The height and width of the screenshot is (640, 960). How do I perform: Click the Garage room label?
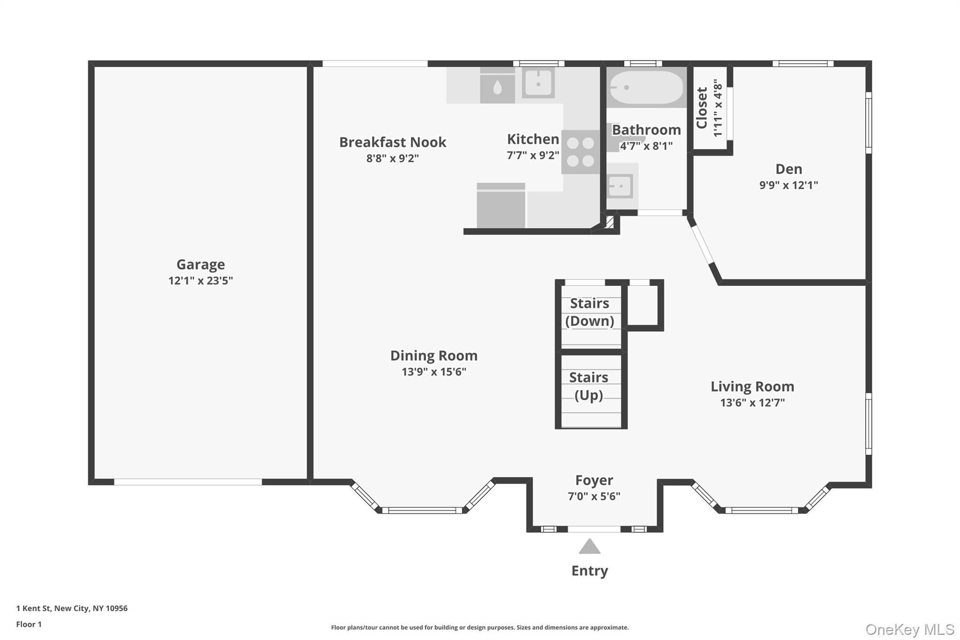click(201, 264)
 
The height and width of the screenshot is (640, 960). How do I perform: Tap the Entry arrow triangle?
click(589, 547)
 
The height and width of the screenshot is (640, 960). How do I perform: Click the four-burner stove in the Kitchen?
click(580, 152)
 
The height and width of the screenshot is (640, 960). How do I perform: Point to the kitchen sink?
click(539, 83)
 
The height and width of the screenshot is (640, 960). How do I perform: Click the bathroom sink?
click(620, 187)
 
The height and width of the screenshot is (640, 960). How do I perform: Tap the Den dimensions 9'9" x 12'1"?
click(788, 185)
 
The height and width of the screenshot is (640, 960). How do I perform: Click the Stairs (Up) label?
click(589, 386)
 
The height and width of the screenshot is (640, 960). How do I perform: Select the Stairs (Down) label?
click(589, 312)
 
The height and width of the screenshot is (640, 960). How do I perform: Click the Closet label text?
click(702, 108)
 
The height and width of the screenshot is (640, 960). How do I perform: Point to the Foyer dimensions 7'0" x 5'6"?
click(594, 497)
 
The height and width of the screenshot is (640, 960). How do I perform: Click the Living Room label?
click(752, 386)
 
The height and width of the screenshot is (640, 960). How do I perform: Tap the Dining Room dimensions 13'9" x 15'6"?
click(434, 372)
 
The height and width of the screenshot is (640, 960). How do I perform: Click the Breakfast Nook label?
click(392, 142)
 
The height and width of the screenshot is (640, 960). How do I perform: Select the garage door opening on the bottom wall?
click(187, 482)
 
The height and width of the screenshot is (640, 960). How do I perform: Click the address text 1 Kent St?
click(72, 608)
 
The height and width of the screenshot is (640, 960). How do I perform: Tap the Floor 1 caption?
click(29, 624)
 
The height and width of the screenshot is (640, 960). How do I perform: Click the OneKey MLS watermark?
click(909, 629)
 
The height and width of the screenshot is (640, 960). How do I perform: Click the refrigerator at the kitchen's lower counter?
click(501, 206)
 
